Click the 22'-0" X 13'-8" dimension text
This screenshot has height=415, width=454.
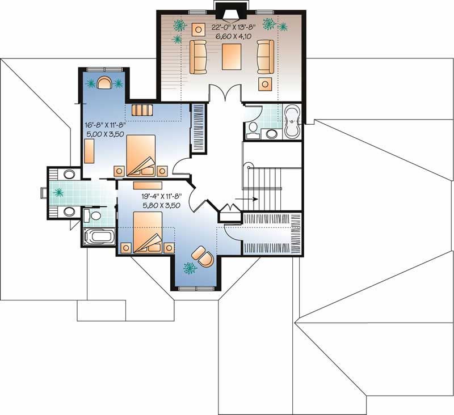(x=234, y=26)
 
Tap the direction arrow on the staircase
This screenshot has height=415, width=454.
(x=249, y=199)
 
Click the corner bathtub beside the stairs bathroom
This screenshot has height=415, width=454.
(x=291, y=122)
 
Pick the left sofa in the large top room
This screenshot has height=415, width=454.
(x=198, y=57)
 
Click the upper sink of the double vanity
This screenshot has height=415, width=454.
(x=69, y=174)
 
